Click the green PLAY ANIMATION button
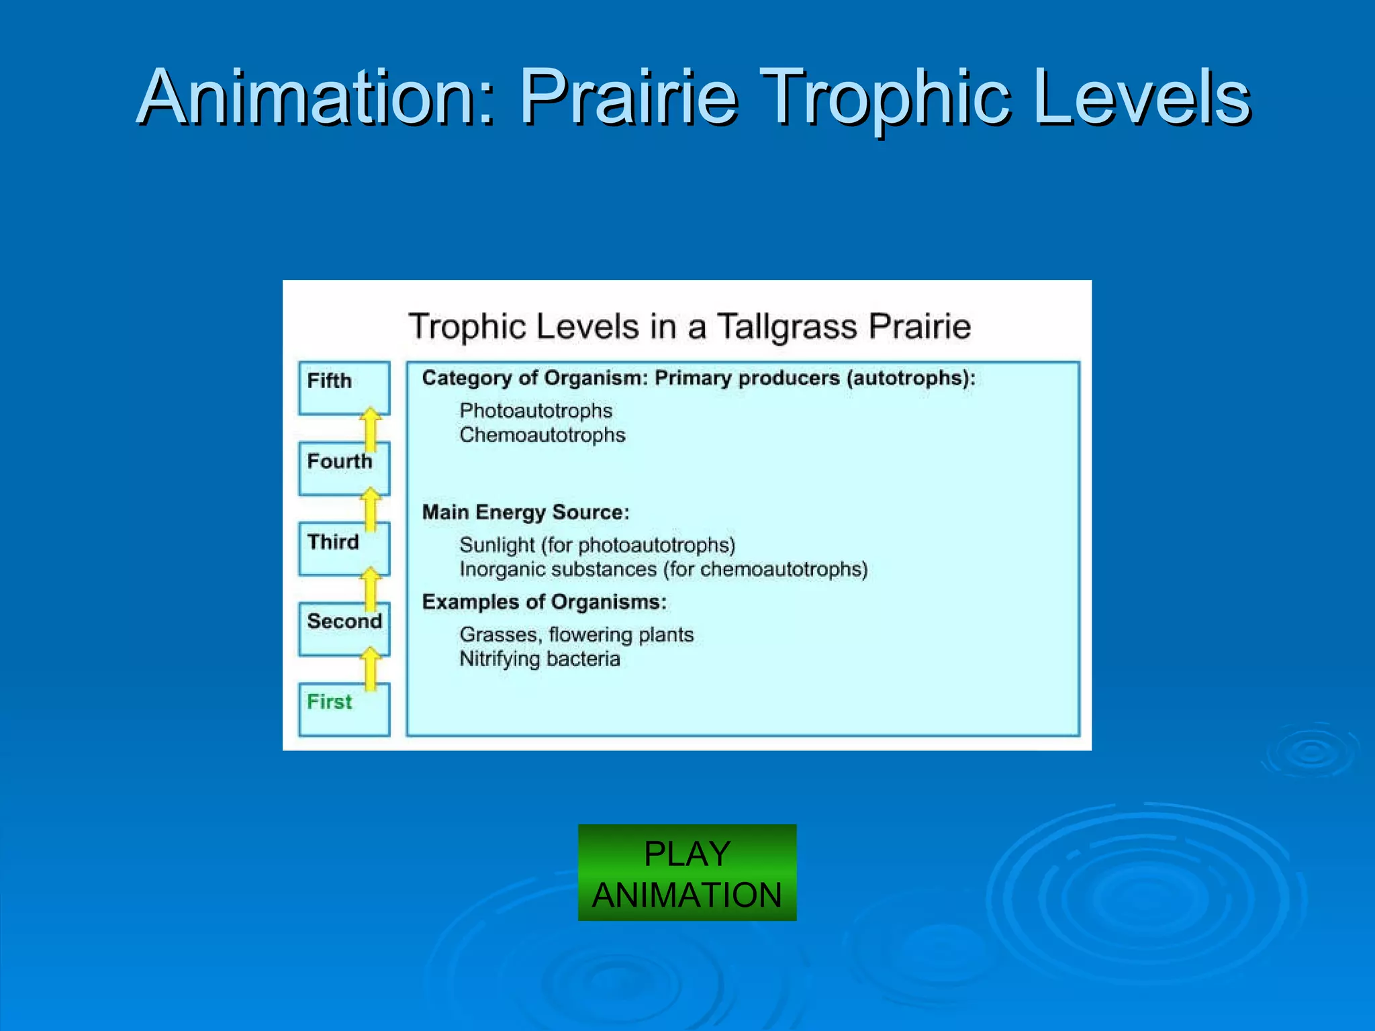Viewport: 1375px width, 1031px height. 687,872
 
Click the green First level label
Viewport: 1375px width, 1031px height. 329,702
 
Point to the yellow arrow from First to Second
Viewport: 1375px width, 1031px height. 371,668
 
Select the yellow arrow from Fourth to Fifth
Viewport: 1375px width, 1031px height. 371,428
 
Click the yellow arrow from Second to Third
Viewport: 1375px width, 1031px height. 371,588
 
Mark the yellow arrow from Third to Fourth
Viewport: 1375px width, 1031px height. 371,508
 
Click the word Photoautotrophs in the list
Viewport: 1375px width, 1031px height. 535,411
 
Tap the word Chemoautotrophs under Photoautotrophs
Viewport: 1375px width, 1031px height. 542,435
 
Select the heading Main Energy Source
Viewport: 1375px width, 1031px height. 525,513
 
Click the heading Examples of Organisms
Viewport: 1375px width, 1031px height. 544,602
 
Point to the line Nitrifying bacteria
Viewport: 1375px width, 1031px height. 539,659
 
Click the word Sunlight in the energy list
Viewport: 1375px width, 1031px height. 497,545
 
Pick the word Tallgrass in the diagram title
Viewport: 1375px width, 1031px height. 787,327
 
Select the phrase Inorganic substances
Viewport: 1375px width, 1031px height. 557,570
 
